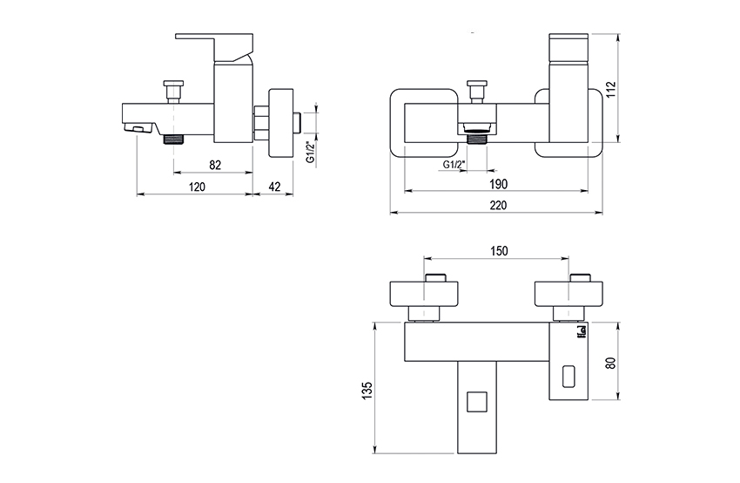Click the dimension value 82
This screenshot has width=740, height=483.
click(x=215, y=165)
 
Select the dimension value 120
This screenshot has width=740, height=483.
click(x=197, y=187)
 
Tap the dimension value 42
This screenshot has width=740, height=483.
click(x=274, y=187)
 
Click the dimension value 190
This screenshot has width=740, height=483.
click(x=498, y=183)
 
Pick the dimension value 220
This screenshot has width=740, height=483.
click(x=498, y=205)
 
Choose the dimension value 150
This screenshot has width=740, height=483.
click(x=499, y=250)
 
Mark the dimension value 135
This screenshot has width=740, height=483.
click(x=367, y=390)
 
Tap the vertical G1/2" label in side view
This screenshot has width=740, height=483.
click(x=311, y=153)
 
